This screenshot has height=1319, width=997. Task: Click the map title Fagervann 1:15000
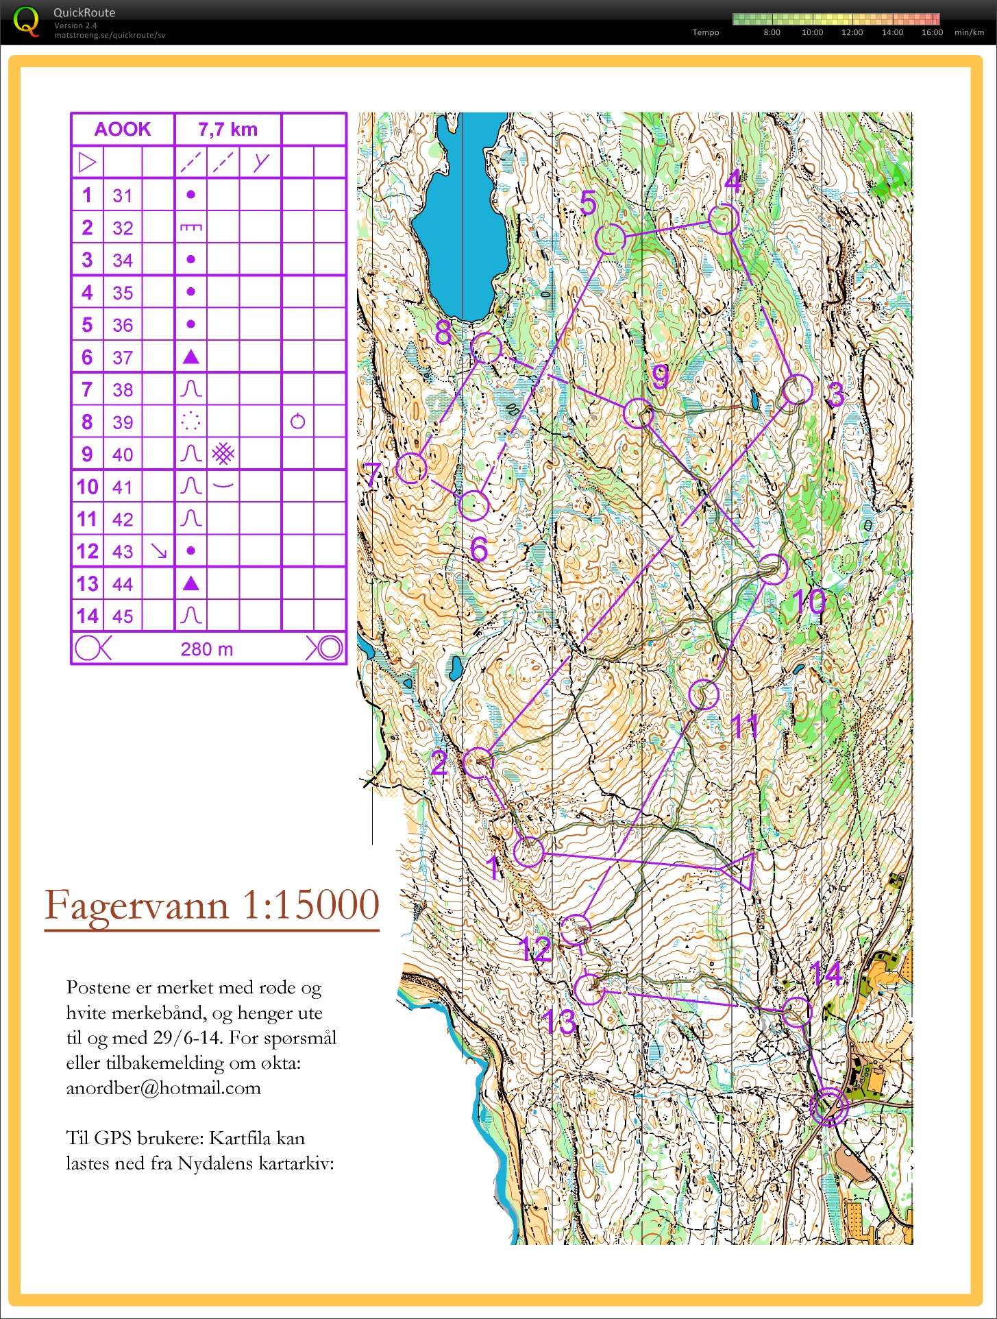coord(212,905)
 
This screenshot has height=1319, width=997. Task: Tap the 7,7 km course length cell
coord(227,129)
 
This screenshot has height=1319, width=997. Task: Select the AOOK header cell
coord(123,129)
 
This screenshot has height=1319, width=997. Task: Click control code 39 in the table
coord(123,422)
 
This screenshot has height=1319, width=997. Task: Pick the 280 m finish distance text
coord(206,649)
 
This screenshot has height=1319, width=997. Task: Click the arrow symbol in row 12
coord(158,551)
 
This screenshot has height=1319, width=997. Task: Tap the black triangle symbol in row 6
coord(191,357)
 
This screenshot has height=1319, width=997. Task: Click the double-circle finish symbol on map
coord(828,1106)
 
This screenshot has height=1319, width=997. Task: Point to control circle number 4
coord(723,219)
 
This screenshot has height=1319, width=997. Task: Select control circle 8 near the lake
coord(487,348)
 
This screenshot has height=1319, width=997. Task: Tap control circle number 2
coord(478,762)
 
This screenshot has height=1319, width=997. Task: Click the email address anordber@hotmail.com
coord(163,1088)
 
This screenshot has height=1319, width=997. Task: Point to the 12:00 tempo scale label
coord(852,32)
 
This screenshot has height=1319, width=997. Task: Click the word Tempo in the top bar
coord(705,32)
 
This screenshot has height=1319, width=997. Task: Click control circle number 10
coord(773,569)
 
